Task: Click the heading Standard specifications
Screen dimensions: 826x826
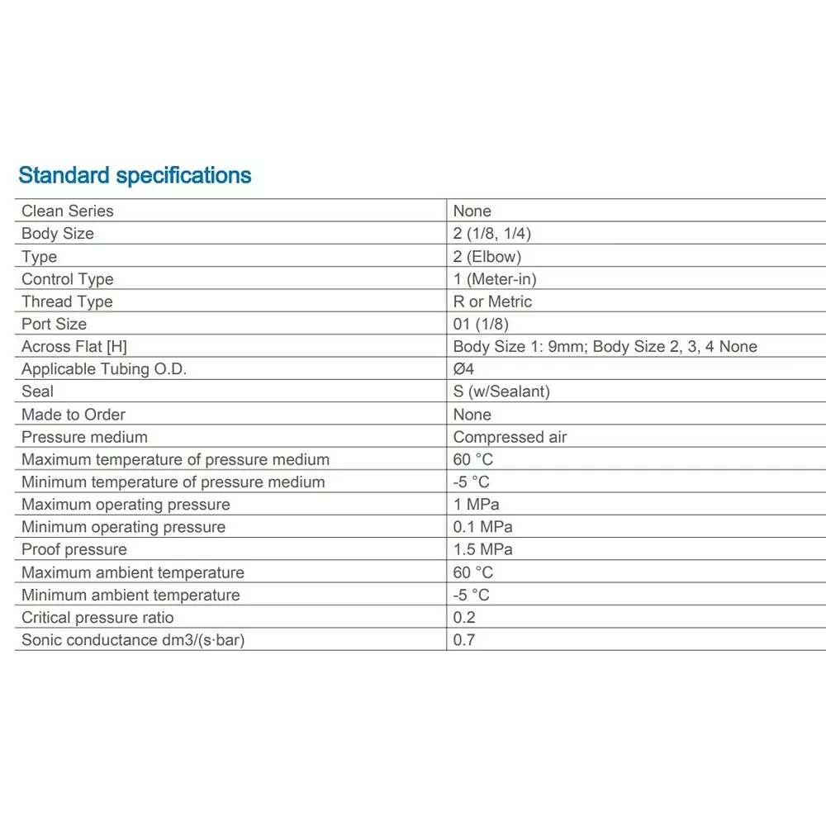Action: [x=135, y=175]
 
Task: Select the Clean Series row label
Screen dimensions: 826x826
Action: [x=68, y=211]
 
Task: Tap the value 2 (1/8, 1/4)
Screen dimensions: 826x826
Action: [x=492, y=234]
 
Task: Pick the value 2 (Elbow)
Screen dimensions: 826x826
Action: [x=487, y=256]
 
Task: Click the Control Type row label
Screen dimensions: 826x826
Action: [x=68, y=279]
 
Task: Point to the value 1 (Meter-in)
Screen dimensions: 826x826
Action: [x=495, y=279]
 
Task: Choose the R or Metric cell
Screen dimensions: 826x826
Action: [x=492, y=301]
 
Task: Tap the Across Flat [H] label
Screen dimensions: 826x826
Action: [x=74, y=347]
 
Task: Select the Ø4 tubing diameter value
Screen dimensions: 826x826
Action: [x=463, y=369]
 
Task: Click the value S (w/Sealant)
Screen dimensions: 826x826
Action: [x=501, y=392]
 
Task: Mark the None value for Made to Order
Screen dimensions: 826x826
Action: [x=472, y=415]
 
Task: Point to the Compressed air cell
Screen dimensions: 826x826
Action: [x=510, y=437]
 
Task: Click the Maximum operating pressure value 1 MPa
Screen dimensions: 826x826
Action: [x=477, y=505]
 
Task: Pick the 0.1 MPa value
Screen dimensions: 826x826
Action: [x=483, y=527]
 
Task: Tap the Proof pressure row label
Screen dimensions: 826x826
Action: [x=74, y=549]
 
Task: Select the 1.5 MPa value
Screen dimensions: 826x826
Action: [x=483, y=549]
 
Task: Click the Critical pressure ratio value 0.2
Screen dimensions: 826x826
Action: [x=465, y=617]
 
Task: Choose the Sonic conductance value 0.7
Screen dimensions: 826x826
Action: [x=465, y=639]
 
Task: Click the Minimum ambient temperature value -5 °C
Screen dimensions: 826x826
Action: [x=472, y=595]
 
